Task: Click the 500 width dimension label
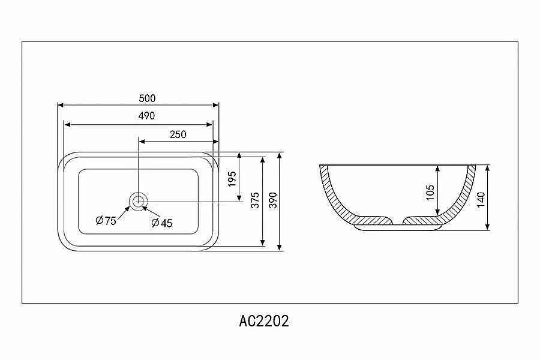pos(147,98)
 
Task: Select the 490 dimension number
pos(147,116)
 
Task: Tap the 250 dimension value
pos(178,134)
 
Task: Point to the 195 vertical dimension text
pos(232,179)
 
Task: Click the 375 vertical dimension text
pos(255,200)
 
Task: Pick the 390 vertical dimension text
pos(273,200)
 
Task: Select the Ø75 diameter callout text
pos(106,220)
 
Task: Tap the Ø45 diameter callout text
pos(162,223)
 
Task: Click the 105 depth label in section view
pos(430,193)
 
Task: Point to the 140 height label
pos(481,199)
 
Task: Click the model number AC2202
pos(264,321)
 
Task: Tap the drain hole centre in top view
pos(138,201)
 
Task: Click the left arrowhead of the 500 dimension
pos(61,105)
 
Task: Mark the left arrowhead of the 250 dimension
pos(142,141)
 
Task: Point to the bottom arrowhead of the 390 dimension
pos(279,247)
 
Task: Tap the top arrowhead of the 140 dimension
pos(487,169)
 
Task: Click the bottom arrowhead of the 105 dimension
pos(437,212)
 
